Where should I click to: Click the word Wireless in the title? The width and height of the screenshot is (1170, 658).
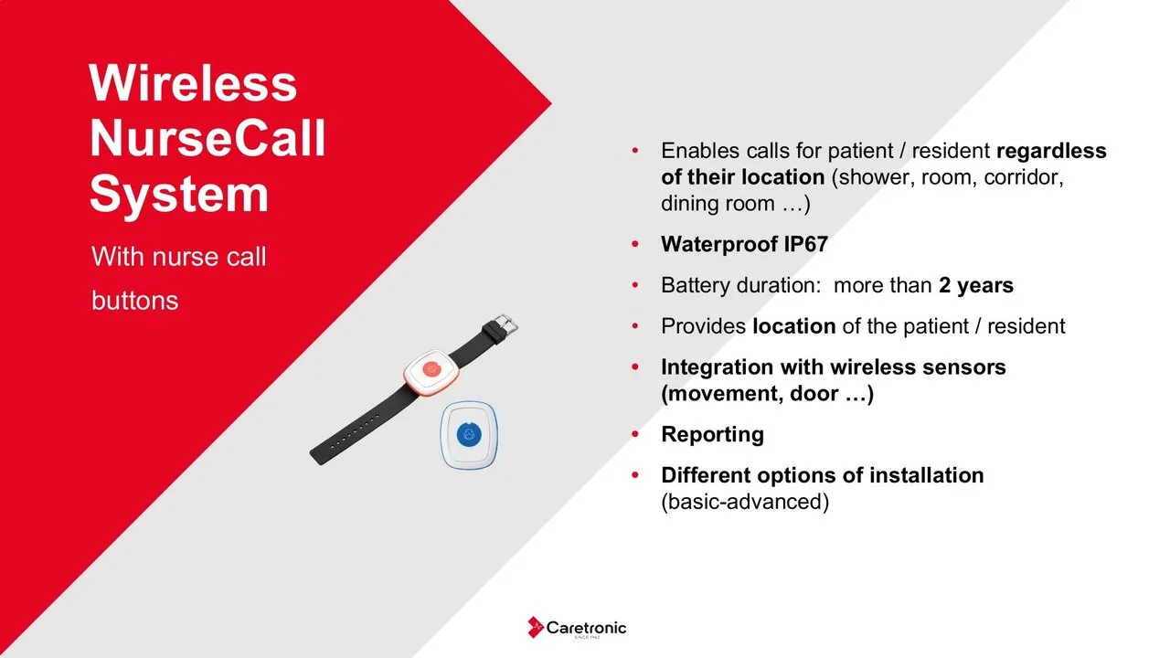[193, 83]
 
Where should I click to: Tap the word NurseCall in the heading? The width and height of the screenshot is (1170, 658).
[207, 138]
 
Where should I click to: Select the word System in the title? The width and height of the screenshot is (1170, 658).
[179, 196]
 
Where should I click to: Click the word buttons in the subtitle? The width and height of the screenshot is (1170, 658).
[134, 301]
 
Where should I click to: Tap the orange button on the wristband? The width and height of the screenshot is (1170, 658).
[431, 369]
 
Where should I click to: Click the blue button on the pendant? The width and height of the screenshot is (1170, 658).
[469, 434]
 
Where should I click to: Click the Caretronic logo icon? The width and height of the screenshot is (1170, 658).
[535, 627]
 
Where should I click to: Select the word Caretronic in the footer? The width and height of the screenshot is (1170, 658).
[586, 628]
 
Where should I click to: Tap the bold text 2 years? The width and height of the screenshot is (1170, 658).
[975, 286]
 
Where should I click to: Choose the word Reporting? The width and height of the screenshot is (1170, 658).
[712, 434]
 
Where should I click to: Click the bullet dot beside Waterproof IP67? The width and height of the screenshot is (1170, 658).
[635, 244]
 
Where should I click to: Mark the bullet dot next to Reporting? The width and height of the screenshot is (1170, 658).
[635, 434]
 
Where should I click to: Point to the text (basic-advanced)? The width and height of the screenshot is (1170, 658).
[745, 502]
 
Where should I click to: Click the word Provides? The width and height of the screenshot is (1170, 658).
[704, 326]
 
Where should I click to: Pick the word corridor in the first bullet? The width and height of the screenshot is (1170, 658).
[1024, 177]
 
